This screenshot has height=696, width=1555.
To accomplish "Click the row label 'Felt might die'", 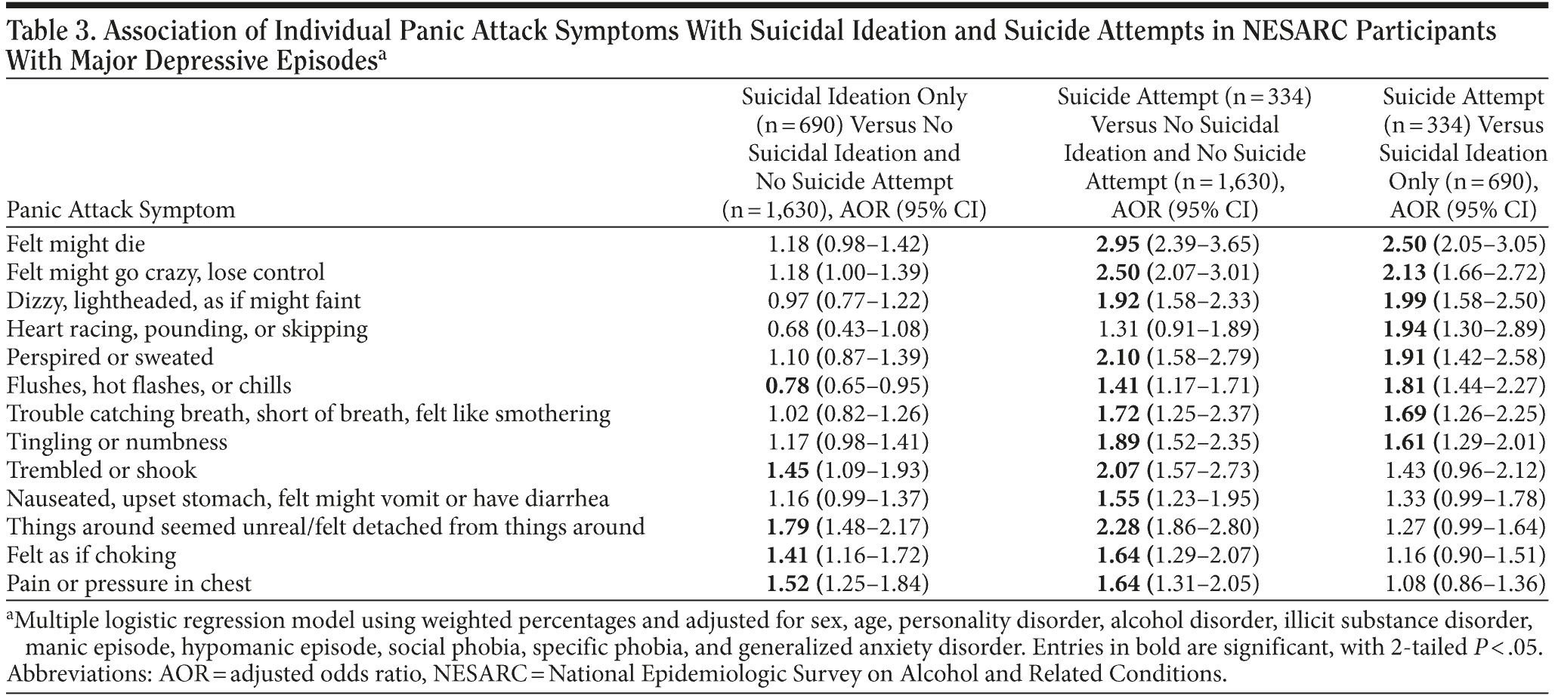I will pyautogui.click(x=76, y=244).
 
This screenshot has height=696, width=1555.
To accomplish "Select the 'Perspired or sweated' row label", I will pyautogui.click(x=110, y=357).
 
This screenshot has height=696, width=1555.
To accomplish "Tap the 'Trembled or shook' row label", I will pyautogui.click(x=101, y=470).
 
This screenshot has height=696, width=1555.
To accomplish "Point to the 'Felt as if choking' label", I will pyautogui.click(x=91, y=556).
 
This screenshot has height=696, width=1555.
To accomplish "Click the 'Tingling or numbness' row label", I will pyautogui.click(x=116, y=442).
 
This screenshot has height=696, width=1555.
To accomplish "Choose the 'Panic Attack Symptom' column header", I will pyautogui.click(x=121, y=209).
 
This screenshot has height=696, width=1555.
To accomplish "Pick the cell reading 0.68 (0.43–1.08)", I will pyautogui.click(x=848, y=329).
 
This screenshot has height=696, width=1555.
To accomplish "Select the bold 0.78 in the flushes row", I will pyautogui.click(x=787, y=386).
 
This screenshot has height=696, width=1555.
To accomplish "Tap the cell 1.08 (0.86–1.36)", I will pyautogui.click(x=1464, y=584).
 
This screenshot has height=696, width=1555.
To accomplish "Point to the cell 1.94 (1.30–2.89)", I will pyautogui.click(x=1464, y=329).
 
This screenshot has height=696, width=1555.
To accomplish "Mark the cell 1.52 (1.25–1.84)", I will pyautogui.click(x=848, y=584).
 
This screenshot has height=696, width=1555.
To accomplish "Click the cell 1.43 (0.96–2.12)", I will pyautogui.click(x=1464, y=470).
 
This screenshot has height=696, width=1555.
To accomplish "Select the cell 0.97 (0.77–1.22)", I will pyautogui.click(x=848, y=300).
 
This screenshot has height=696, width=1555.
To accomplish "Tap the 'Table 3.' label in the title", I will pyautogui.click(x=48, y=32).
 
